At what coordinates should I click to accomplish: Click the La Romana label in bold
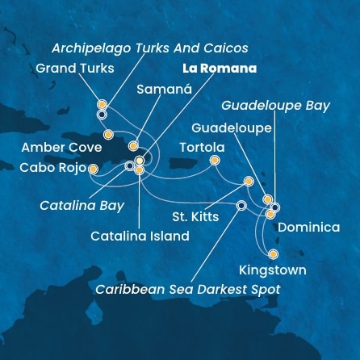219,69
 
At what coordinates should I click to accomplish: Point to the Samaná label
165,91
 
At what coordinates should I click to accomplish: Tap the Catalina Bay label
82,206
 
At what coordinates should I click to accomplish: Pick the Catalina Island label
140,237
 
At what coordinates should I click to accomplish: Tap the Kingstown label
273,270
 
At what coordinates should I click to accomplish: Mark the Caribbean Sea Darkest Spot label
187,289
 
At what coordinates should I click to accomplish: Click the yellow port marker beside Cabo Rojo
93,170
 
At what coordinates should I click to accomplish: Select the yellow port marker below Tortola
215,160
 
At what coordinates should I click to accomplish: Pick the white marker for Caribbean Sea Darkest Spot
241,205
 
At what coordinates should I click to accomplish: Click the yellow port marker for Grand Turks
102,104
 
